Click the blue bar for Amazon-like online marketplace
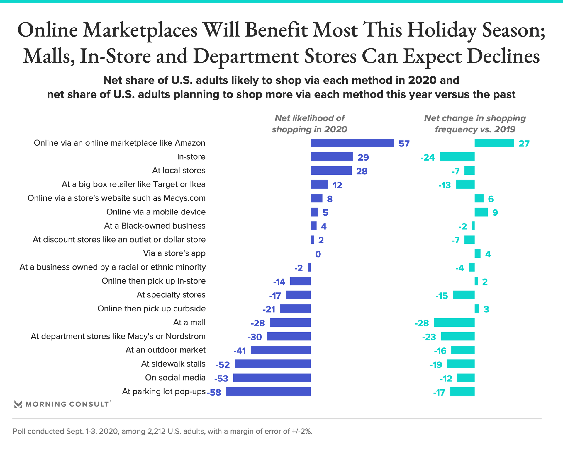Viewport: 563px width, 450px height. point(352,143)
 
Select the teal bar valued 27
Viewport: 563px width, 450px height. point(494,143)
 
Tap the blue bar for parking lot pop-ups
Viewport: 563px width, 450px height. point(268,392)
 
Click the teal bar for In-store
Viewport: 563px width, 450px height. point(457,157)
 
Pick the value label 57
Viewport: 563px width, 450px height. point(404,144)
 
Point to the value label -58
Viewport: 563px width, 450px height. point(214,392)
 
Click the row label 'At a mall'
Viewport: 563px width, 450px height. point(189,323)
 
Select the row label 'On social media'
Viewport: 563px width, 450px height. point(175,378)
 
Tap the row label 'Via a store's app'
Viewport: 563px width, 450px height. point(174,253)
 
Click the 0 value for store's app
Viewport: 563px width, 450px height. point(318,254)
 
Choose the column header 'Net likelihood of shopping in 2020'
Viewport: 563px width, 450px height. point(309,124)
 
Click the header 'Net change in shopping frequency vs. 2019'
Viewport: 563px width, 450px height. point(475,124)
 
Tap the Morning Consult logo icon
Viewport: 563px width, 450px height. point(18,404)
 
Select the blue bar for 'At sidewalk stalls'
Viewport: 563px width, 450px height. point(272,364)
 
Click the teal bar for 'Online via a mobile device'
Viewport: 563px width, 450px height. point(481,212)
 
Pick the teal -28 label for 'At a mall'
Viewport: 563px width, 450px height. point(422,323)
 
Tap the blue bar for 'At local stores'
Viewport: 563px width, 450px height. point(331,171)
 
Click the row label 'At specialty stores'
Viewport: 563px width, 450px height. point(171,295)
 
